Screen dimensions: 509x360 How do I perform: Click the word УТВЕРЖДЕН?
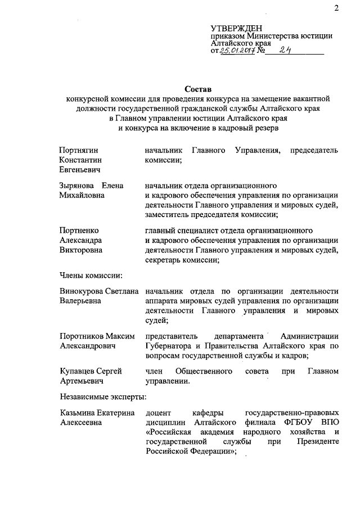236,28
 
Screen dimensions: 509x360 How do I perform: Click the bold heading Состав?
197,89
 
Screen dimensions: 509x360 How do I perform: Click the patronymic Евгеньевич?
80,169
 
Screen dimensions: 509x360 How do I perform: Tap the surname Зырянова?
76,185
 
